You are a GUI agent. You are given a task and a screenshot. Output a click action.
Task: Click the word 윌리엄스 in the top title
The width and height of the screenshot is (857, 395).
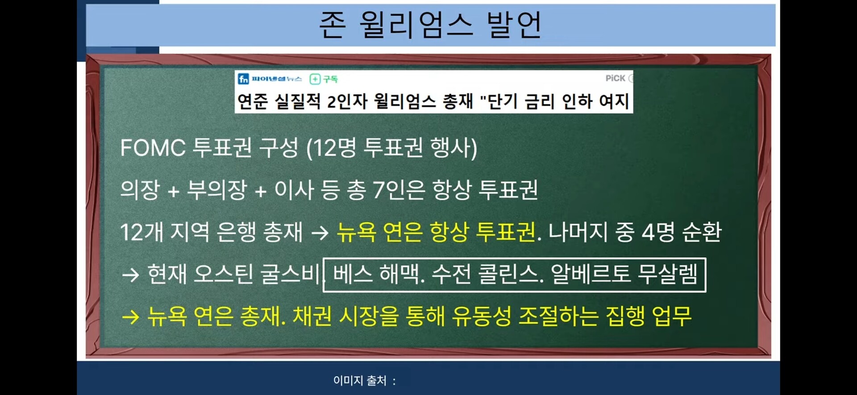point(416,25)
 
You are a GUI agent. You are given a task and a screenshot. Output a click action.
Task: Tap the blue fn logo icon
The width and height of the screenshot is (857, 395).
point(243,79)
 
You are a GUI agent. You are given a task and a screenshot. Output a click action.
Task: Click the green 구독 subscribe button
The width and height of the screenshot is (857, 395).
point(324,79)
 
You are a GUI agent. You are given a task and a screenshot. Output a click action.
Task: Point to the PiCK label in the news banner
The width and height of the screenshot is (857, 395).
point(615,78)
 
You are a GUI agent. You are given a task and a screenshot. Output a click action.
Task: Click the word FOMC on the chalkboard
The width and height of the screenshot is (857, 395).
point(153,148)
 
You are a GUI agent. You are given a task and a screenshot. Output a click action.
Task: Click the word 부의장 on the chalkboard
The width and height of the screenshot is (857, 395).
point(217,190)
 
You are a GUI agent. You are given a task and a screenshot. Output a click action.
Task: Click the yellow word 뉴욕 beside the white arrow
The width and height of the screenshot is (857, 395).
point(356,232)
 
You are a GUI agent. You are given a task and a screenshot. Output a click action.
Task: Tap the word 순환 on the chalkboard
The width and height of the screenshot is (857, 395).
point(702,232)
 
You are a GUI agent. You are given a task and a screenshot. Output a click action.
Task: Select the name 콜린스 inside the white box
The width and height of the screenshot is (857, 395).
point(511,274)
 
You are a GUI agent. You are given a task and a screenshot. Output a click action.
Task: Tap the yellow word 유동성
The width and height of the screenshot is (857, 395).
point(482,316)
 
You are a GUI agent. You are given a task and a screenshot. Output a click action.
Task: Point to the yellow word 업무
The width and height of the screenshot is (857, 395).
point(672,316)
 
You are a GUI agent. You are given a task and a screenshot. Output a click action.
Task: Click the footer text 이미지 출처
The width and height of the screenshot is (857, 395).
point(360,380)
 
